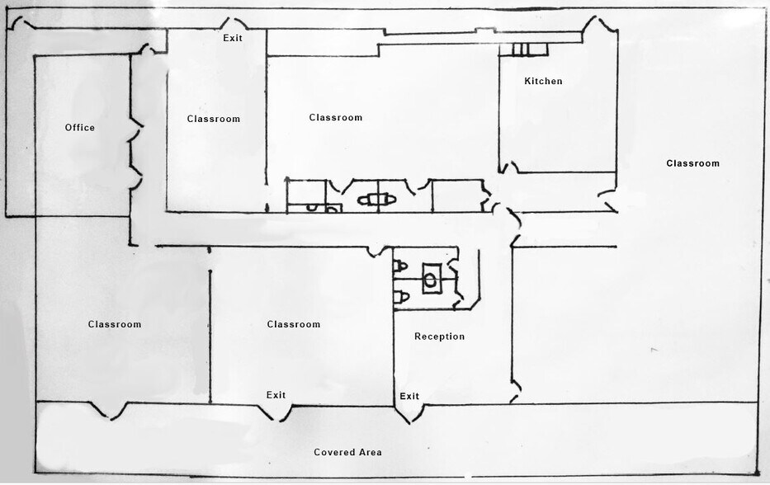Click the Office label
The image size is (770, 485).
[x=80, y=128]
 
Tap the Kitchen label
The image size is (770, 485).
[x=543, y=81]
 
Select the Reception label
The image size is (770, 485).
[x=439, y=337]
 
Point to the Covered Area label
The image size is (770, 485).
[x=347, y=452]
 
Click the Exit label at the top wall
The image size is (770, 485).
[x=233, y=38]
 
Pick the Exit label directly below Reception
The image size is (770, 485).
[x=409, y=397]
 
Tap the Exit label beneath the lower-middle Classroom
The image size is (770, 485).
[x=276, y=395]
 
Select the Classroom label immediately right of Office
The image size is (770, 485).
[x=213, y=119]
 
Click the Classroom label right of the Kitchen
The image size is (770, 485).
[x=692, y=163]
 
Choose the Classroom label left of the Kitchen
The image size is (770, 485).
[x=336, y=118]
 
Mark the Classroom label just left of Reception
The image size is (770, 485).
[x=293, y=324]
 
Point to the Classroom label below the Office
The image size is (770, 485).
[x=115, y=324]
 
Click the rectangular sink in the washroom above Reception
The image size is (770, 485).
[x=431, y=278]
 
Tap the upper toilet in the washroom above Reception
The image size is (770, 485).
[x=401, y=266]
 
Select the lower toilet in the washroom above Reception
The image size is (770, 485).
[x=401, y=295]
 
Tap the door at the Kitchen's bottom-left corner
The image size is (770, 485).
[x=509, y=168]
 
